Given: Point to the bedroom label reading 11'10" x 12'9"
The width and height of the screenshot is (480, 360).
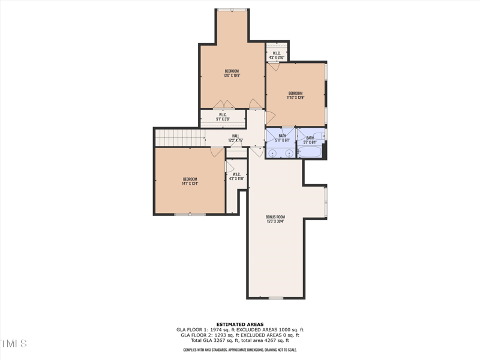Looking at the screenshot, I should point(295,95).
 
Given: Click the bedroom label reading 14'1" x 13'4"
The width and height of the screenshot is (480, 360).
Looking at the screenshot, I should point(190,181).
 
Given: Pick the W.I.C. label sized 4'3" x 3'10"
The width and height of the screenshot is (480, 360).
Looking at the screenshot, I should point(277,55).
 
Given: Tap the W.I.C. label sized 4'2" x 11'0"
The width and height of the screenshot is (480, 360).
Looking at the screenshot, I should point(236,176).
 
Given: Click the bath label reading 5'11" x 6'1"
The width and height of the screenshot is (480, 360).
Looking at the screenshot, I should point(282,139).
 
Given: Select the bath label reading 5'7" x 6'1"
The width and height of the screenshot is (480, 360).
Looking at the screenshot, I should point(310,140).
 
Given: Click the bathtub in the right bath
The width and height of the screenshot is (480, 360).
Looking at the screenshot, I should point(310,152).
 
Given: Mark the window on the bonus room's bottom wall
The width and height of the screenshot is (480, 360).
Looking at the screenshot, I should point(275,298).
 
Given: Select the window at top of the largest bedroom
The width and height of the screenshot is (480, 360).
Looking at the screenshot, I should point(232,9).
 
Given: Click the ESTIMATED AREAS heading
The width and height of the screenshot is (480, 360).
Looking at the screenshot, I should point(240,325).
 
